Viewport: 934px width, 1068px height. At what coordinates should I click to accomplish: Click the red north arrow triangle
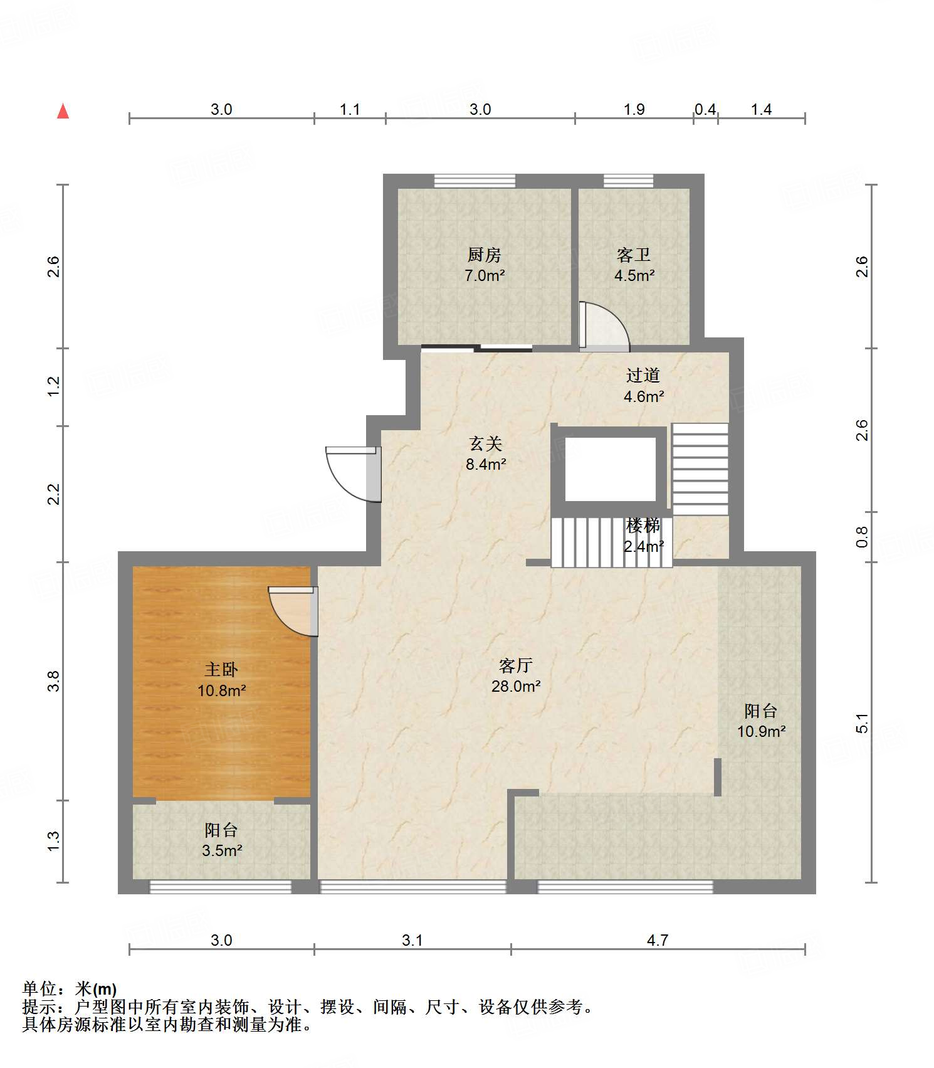[63, 111]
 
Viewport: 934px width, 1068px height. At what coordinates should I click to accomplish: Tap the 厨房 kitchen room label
[484, 255]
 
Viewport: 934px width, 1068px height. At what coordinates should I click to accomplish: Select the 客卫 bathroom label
[634, 255]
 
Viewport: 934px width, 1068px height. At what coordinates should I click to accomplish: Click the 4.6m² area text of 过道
[644, 396]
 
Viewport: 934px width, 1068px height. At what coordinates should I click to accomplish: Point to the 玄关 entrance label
[486, 444]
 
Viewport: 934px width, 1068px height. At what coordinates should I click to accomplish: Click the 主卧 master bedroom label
[221, 669]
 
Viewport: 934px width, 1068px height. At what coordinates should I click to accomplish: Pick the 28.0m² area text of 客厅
[516, 686]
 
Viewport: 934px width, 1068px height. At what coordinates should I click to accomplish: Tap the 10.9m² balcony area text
[761, 731]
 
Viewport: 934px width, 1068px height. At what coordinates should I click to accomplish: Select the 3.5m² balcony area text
[222, 850]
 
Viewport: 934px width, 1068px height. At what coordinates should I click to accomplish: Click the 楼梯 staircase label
[643, 525]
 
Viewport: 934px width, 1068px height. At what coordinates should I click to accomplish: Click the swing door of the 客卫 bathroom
[604, 325]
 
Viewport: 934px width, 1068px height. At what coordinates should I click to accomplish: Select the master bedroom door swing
[293, 611]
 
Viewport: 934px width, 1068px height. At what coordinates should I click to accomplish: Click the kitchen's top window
[475, 181]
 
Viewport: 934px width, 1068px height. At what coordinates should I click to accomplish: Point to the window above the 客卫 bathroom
[629, 181]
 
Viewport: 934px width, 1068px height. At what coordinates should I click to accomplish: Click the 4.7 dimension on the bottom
[658, 940]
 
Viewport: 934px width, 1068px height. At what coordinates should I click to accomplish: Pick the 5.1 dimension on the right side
[863, 722]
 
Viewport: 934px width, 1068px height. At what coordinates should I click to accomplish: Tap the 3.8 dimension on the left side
[54, 681]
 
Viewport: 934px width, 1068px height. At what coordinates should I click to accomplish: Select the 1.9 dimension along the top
[634, 109]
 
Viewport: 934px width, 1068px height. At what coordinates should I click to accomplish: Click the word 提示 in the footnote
[39, 1007]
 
